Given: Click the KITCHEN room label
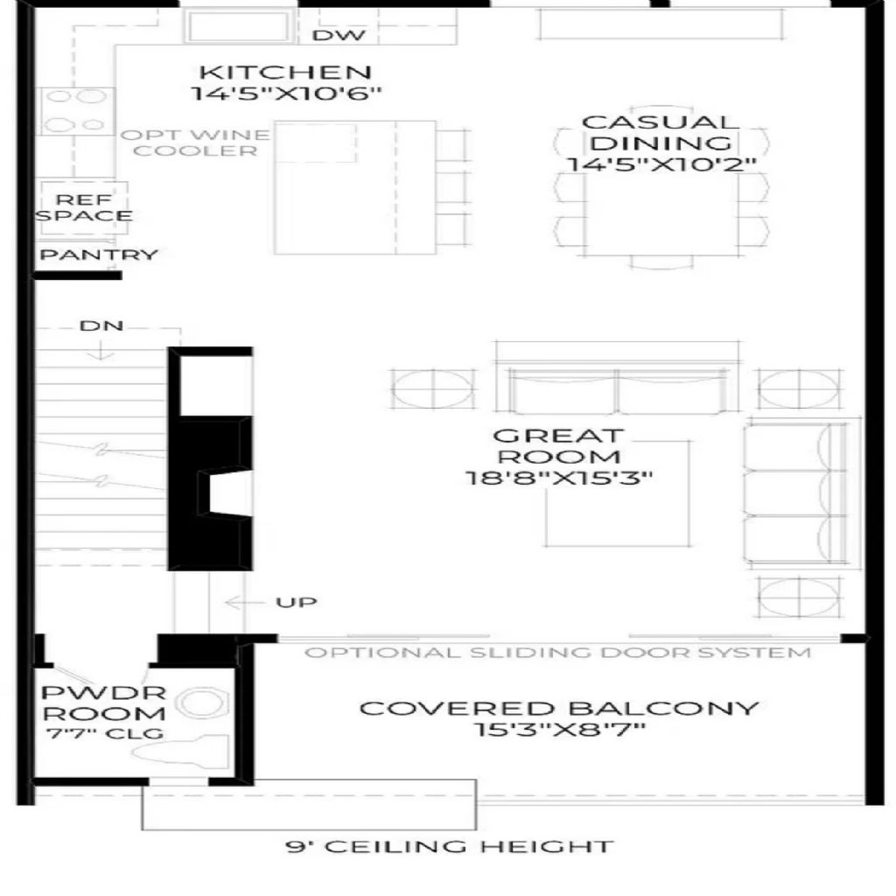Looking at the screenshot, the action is [285, 73].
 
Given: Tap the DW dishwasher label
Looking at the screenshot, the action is [339, 35].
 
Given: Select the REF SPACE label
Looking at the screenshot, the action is [84, 207].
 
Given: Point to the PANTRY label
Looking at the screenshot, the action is [98, 255].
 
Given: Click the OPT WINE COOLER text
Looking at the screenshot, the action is [195, 143].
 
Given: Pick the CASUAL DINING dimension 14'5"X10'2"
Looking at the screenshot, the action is [661, 164].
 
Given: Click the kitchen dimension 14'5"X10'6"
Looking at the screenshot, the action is [285, 93].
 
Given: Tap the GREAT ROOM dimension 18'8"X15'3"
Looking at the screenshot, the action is [558, 478].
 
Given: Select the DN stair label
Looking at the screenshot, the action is [101, 325].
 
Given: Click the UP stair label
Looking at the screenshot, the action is [296, 602].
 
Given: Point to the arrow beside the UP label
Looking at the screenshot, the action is [244, 602].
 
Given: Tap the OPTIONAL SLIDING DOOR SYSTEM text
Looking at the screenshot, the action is [557, 653].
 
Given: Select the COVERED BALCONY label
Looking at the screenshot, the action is [559, 709].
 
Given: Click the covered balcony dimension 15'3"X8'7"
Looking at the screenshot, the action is [559, 730].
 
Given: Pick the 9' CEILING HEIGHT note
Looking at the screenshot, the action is [449, 846].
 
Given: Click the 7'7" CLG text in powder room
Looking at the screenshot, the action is [105, 733].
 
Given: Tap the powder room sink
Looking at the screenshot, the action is [202, 702].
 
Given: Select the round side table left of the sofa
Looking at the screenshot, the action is [433, 388].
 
